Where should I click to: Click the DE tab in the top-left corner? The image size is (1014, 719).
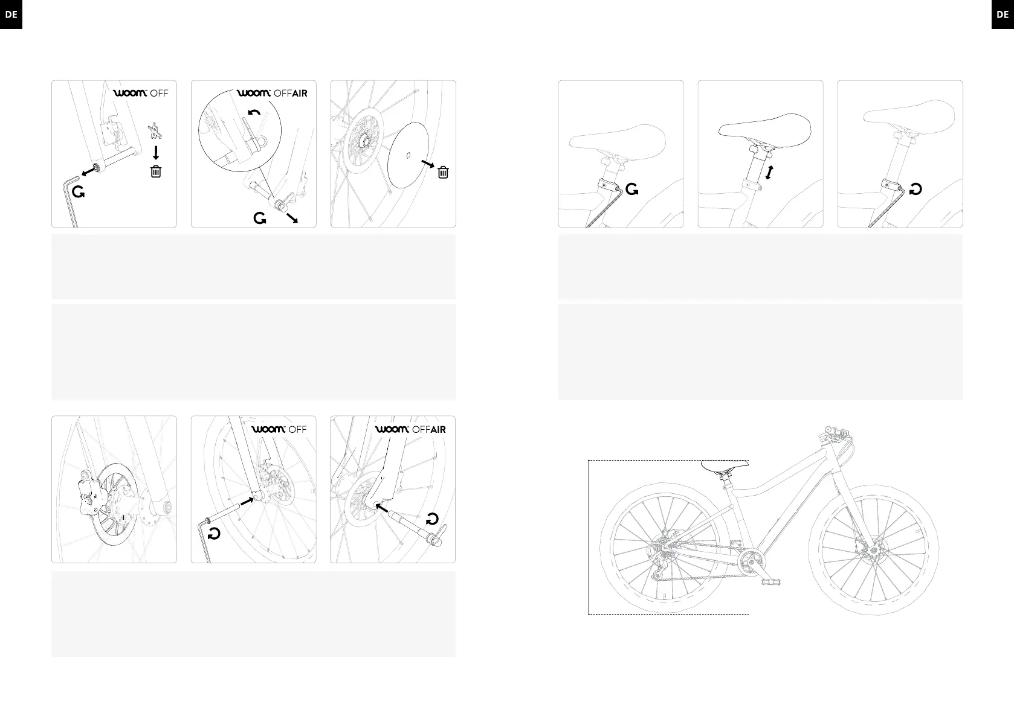coord(11,14)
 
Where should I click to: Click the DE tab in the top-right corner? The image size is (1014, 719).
coord(1003,14)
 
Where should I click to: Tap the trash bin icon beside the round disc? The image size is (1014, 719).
coord(443,173)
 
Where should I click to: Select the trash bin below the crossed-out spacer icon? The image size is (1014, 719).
coord(156,171)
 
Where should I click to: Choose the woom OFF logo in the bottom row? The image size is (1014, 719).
coord(279,429)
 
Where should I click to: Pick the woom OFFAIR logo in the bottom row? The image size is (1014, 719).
coord(410,429)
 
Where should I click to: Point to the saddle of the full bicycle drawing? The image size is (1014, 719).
coord(725,465)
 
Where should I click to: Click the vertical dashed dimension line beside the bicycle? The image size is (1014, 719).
coord(589,537)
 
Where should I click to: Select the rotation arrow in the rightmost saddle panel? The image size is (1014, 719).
coord(915,190)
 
